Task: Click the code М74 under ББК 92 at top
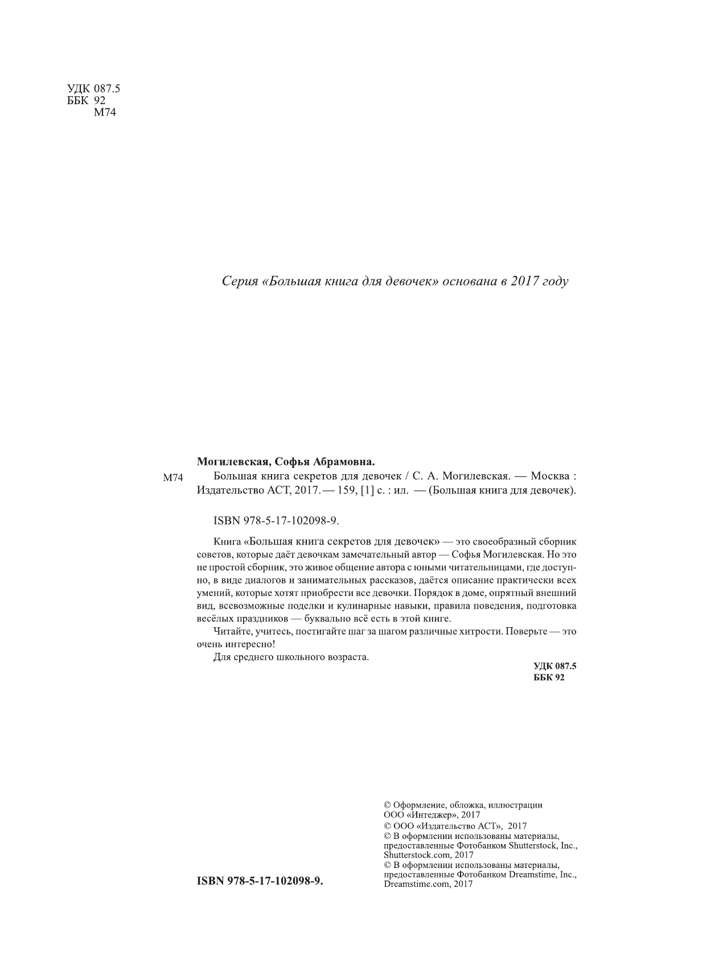[104, 112]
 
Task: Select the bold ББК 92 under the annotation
[549, 677]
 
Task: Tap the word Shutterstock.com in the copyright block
[412, 855]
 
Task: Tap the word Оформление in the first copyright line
[418, 805]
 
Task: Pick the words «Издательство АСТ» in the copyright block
[460, 826]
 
